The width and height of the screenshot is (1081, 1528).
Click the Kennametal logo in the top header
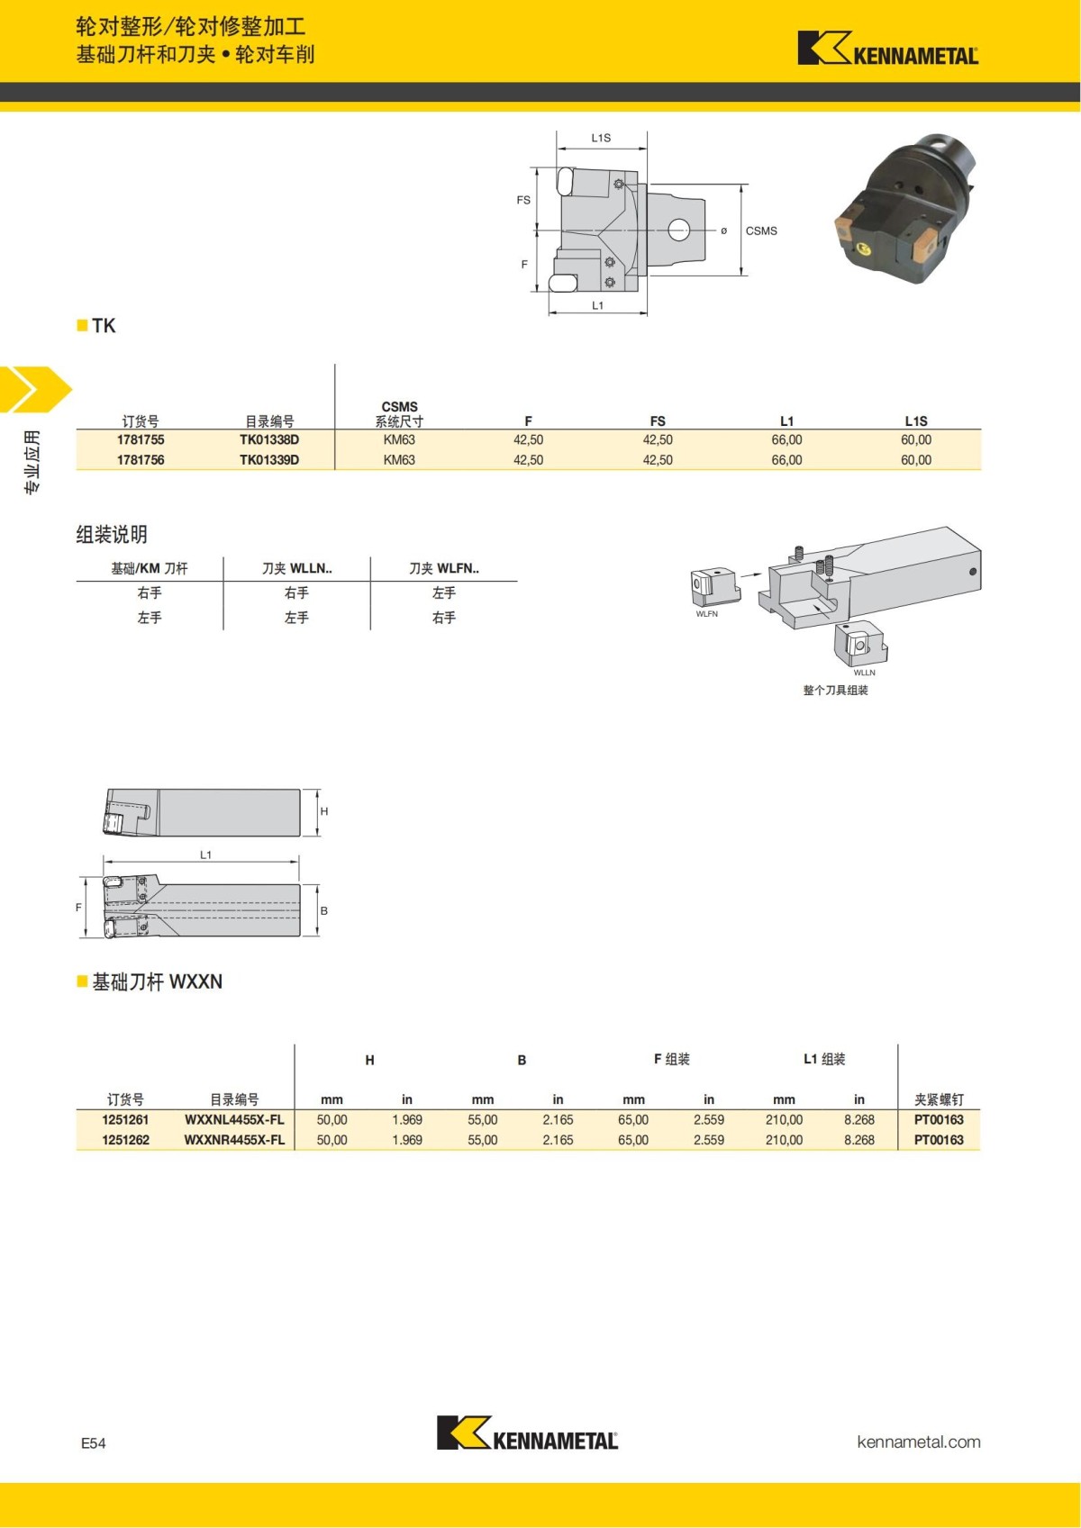pyautogui.click(x=887, y=49)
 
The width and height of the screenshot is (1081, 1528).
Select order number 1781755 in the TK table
pyautogui.click(x=141, y=440)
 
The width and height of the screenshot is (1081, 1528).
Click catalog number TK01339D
pyautogui.click(x=269, y=460)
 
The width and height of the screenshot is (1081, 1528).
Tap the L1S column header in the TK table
pyautogui.click(x=916, y=420)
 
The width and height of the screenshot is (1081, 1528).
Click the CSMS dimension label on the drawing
pyautogui.click(x=761, y=231)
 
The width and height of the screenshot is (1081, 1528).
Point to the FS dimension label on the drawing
pyautogui.click(x=523, y=200)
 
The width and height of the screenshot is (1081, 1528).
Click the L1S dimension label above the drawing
pyautogui.click(x=601, y=138)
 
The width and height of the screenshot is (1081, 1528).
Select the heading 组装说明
pyautogui.click(x=112, y=534)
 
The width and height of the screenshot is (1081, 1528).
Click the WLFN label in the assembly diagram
pyautogui.click(x=707, y=614)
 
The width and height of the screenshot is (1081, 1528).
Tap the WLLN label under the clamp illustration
pyautogui.click(x=864, y=673)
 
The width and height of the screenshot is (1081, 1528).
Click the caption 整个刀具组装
pyautogui.click(x=835, y=691)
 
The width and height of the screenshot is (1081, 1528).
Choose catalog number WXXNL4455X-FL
pyautogui.click(x=234, y=1120)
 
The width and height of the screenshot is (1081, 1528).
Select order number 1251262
pyautogui.click(x=125, y=1140)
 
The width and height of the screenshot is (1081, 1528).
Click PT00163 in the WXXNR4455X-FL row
pyautogui.click(x=939, y=1140)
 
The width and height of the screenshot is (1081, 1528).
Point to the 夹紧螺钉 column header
pyautogui.click(x=939, y=1099)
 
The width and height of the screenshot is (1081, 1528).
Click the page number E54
pyautogui.click(x=94, y=1443)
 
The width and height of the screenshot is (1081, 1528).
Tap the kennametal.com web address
pyautogui.click(x=919, y=1442)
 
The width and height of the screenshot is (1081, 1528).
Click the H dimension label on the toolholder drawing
pyautogui.click(x=324, y=811)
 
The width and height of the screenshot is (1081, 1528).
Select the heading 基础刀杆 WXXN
pyautogui.click(x=157, y=981)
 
